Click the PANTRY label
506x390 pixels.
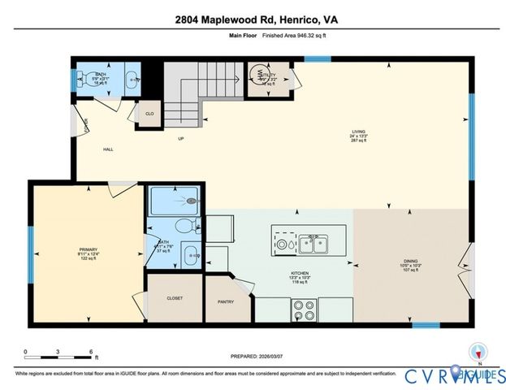[x=226, y=301]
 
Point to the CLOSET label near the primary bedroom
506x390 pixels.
[x=175, y=298]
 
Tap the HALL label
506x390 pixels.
[x=107, y=149]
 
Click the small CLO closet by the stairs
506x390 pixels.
[x=150, y=114]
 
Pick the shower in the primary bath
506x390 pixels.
[x=173, y=199]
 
